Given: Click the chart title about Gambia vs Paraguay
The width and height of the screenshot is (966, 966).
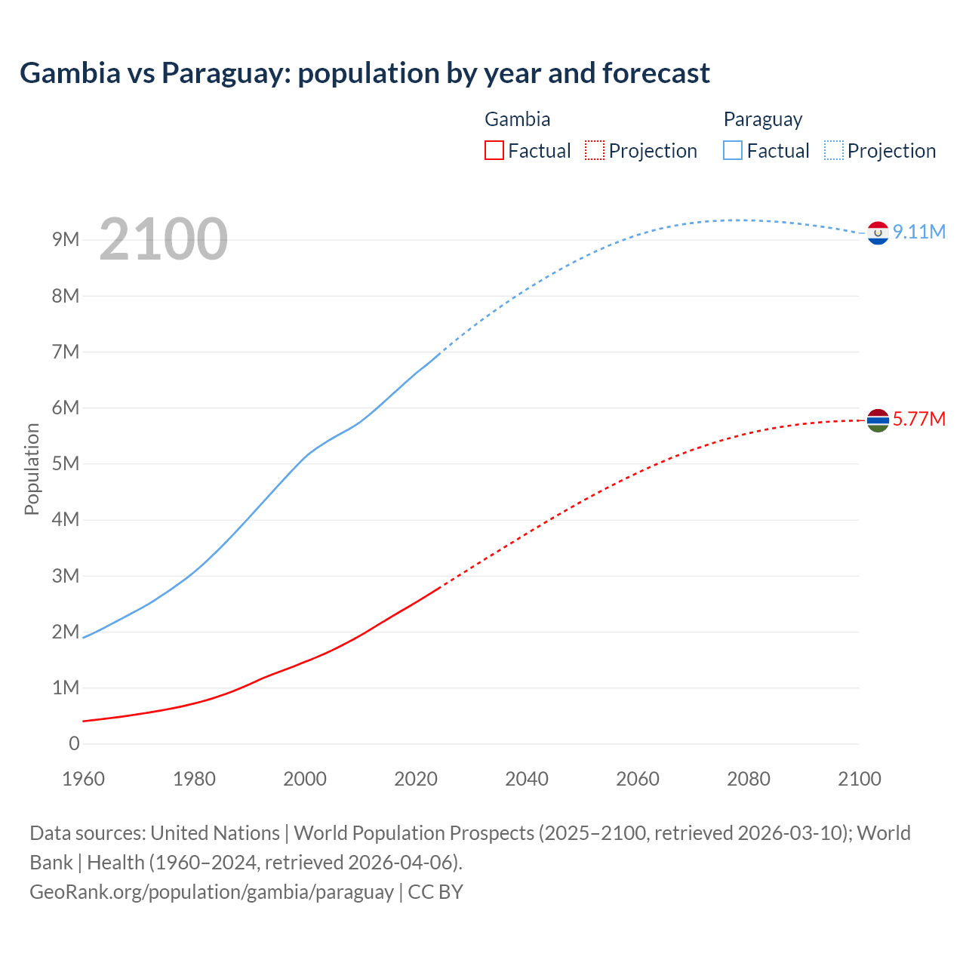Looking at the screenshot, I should (x=365, y=73).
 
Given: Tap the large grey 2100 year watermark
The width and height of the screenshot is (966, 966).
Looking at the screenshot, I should (x=163, y=239).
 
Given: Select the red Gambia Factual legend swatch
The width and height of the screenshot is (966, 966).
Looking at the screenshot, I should (x=494, y=151).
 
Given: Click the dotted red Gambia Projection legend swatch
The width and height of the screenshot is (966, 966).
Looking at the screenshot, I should (x=595, y=151).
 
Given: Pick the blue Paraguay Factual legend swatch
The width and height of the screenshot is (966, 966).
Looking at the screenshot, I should (x=733, y=151).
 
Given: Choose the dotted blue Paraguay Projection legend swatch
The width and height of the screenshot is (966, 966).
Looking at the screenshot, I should (x=833, y=151).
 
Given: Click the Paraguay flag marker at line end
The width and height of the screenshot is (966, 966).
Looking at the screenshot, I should (x=878, y=234).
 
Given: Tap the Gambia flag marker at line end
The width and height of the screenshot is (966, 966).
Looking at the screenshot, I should (x=878, y=420).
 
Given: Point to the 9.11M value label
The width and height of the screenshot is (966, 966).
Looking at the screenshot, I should (x=919, y=232).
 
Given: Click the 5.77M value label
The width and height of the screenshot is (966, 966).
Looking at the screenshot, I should (x=919, y=419).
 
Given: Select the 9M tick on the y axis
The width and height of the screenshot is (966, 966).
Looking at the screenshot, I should (x=66, y=240).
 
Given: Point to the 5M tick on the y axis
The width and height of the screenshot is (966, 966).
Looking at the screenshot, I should (x=66, y=463).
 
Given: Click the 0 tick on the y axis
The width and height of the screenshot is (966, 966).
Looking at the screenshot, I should (x=74, y=743).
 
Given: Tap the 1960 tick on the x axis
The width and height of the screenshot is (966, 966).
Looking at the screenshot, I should (x=83, y=779).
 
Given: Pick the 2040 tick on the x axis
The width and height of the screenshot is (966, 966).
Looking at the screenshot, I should (x=527, y=779).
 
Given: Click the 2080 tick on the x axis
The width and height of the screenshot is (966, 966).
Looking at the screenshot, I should (x=749, y=779).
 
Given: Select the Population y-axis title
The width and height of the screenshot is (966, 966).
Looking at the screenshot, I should (x=32, y=469).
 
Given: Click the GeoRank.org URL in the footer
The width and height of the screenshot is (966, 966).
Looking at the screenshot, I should (x=211, y=892).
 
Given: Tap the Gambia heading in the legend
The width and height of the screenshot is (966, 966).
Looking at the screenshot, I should (x=517, y=119).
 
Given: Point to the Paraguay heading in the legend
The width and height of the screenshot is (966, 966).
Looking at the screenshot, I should (x=762, y=119).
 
